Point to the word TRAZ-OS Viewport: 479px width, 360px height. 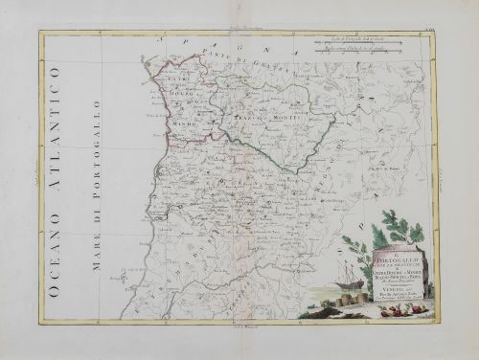pyautogui.click(x=229, y=117)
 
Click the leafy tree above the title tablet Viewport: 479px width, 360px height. pyautogui.click(x=402, y=230)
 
